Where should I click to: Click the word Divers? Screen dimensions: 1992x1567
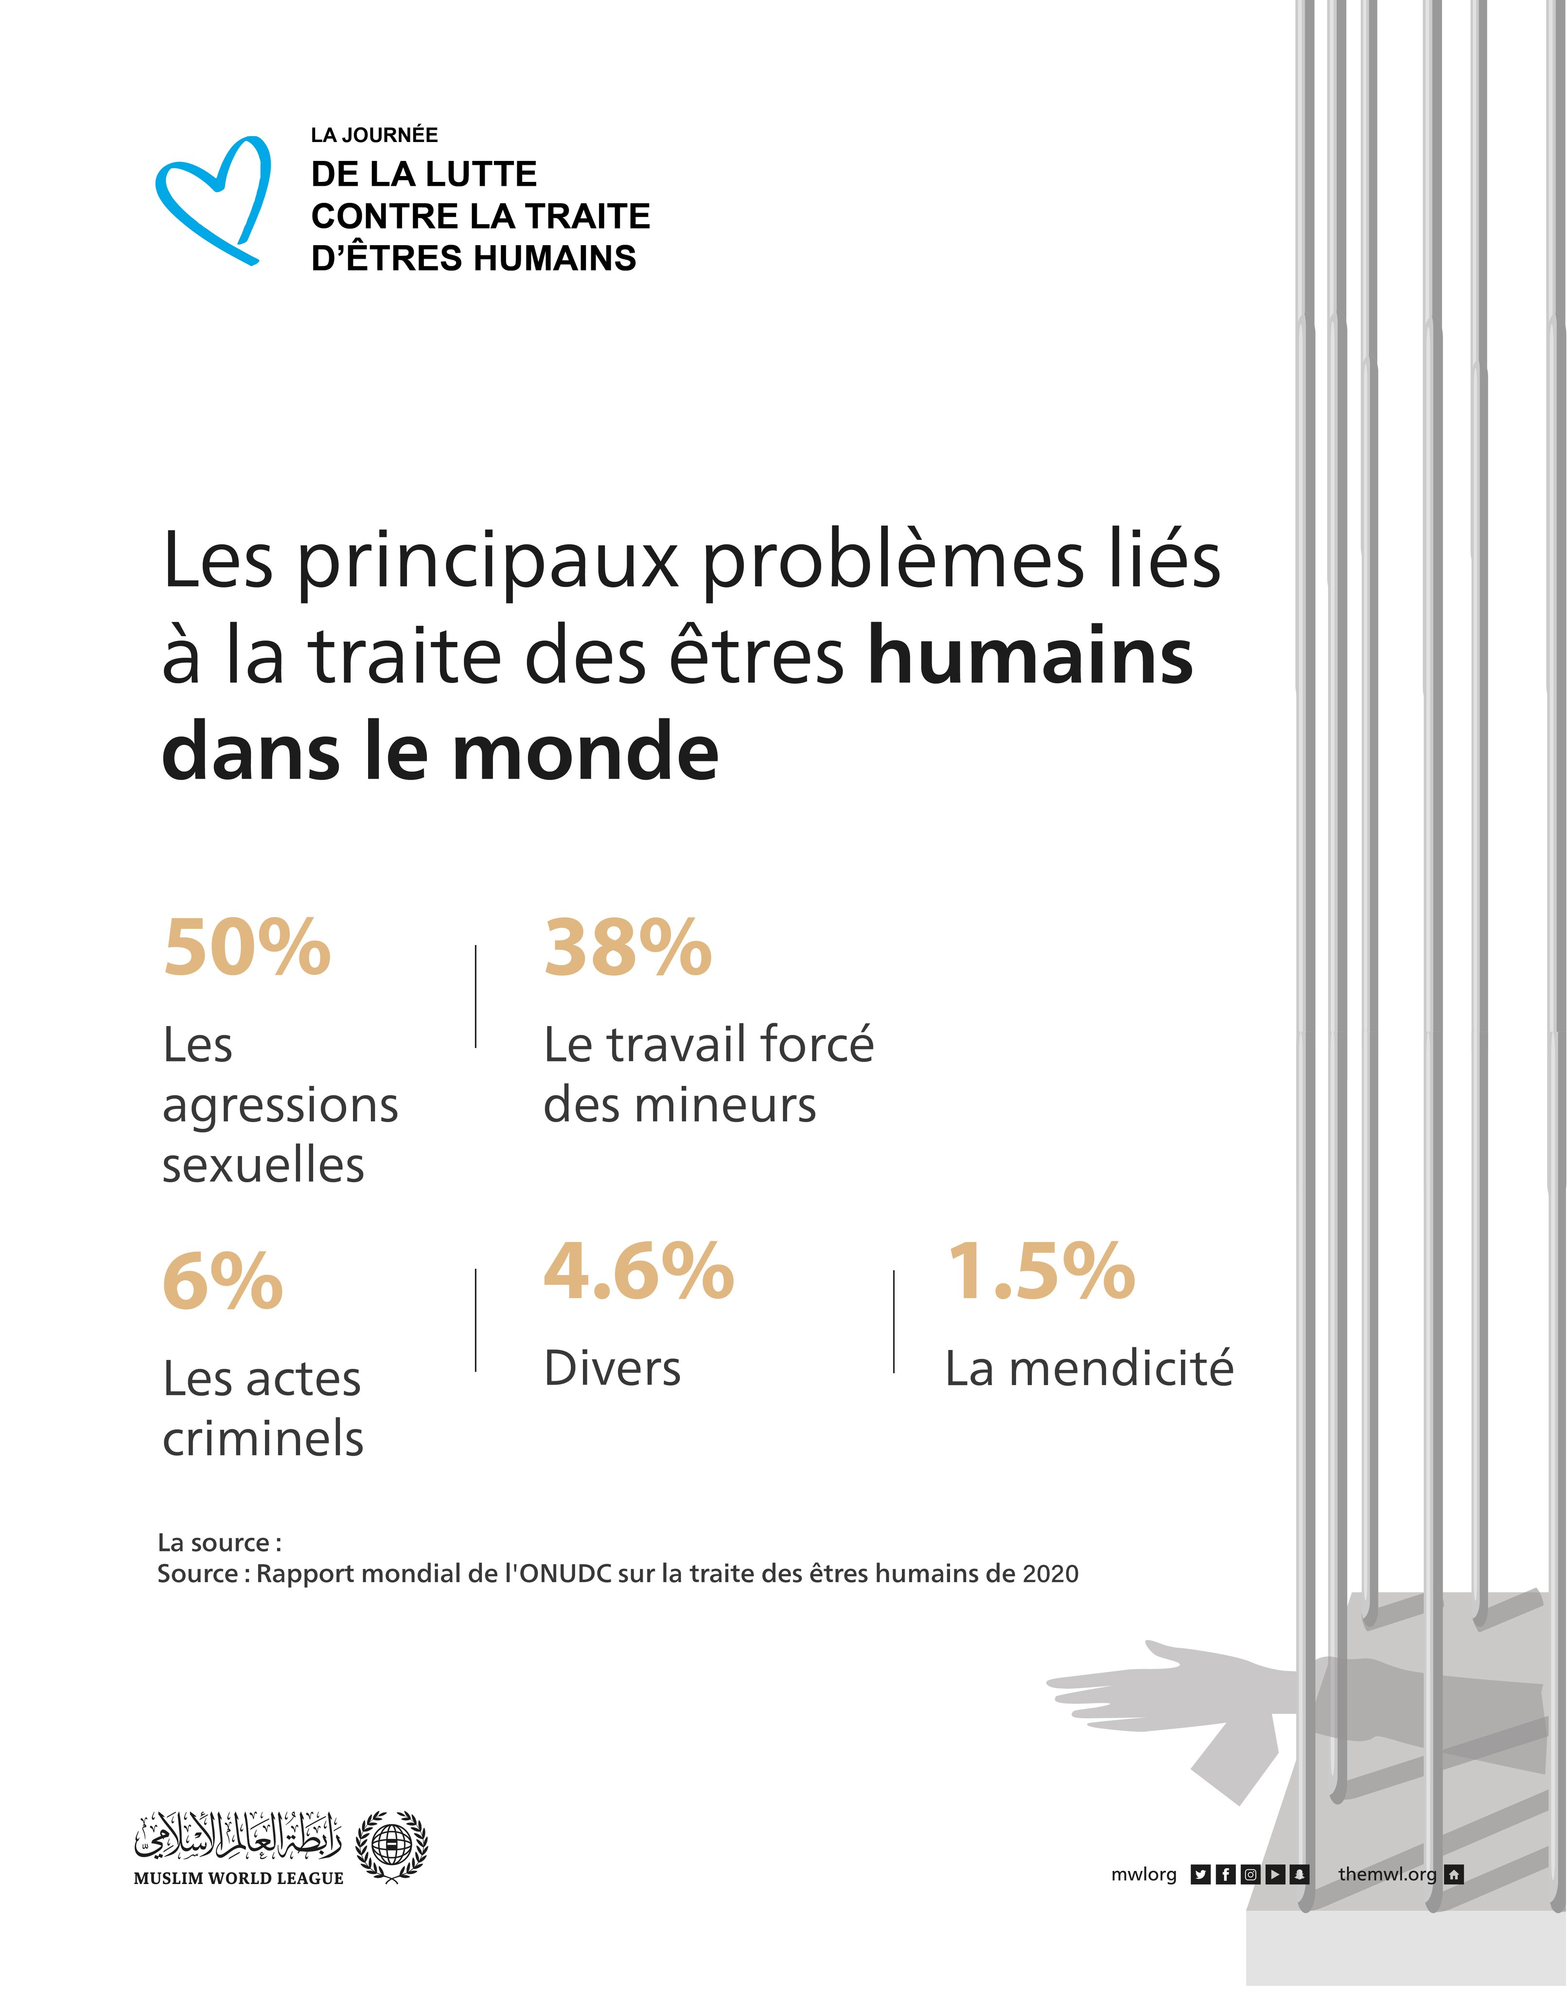point(612,1368)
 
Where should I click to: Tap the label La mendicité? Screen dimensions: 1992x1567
point(1089,1368)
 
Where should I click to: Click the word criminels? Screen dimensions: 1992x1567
point(264,1438)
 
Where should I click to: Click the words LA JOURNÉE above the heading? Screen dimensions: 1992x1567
point(374,135)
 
